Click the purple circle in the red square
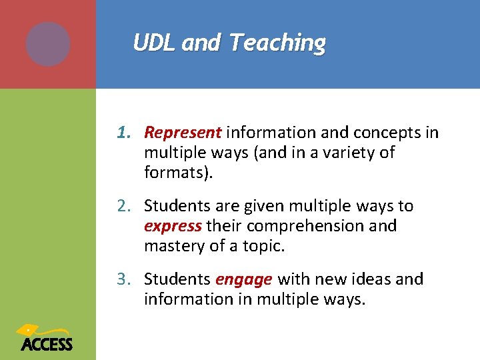click(48, 44)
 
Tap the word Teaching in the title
click(277, 43)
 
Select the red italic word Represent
click(182, 133)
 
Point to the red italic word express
click(172, 226)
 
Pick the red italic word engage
click(243, 279)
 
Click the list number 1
click(123, 133)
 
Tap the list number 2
click(123, 206)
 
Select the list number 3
click(123, 279)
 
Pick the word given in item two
click(256, 206)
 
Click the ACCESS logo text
click(47, 344)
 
